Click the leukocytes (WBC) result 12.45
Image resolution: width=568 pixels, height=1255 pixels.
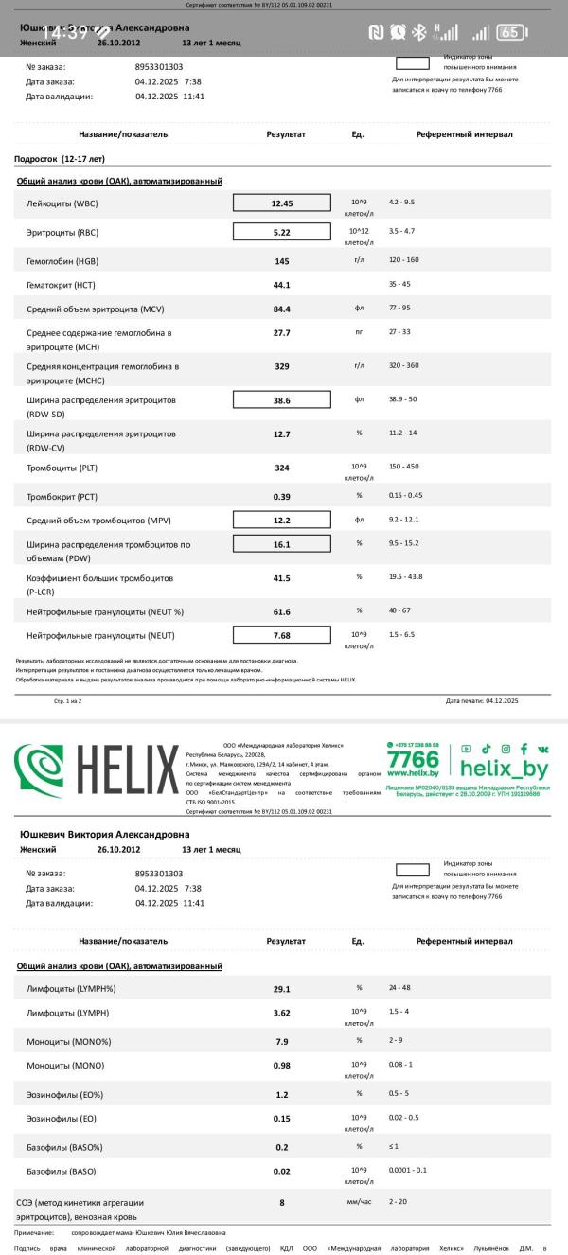282,203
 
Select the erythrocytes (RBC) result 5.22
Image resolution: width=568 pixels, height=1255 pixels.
282,232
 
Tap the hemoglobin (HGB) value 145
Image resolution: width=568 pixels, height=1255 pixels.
282,261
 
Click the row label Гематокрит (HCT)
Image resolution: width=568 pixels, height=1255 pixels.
61,285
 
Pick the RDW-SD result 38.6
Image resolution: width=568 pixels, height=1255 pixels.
282,400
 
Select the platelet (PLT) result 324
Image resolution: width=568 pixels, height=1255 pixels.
282,468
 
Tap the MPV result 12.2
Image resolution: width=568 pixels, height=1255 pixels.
282,521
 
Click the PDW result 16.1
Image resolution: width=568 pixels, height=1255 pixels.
282,545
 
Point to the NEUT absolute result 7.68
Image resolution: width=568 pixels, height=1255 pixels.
282,635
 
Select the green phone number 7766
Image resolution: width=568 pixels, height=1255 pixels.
413,760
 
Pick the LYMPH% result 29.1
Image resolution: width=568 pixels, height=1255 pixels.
282,989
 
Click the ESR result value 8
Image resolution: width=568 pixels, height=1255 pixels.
282,1203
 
